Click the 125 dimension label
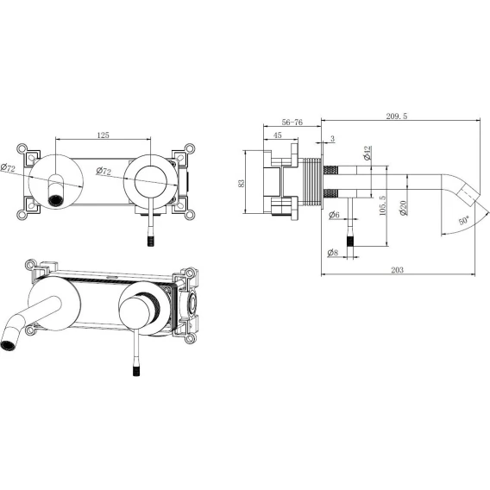click(104, 135)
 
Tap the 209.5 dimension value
click(397, 116)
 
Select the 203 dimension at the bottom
click(397, 270)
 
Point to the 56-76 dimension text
click(292, 122)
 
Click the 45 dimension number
click(278, 135)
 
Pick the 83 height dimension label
click(242, 183)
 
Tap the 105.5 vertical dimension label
click(382, 205)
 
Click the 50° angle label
click(464, 220)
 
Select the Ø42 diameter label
click(367, 153)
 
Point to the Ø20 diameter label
click(403, 208)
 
